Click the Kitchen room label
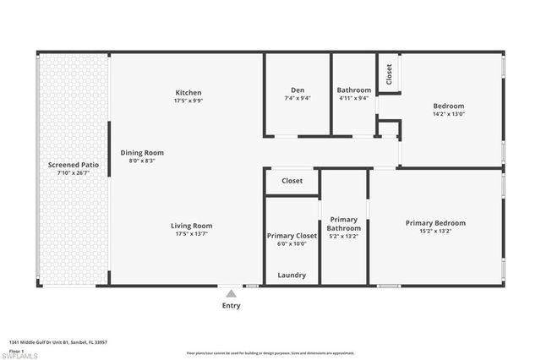pos(189,92)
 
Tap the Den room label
pos(298,90)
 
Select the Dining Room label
pos(142,153)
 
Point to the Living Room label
pos(191,226)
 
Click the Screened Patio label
pos(71,165)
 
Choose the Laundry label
pos(292,275)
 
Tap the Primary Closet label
pos(292,236)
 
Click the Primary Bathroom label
pos(344,224)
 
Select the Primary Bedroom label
pos(435,223)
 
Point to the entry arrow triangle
pos(231,292)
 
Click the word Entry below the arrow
pos(231,306)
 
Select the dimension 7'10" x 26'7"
pos(71,173)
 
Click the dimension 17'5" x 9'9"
pos(189,101)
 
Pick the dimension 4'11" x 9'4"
pos(353,98)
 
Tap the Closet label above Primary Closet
pos(292,181)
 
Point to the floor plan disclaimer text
pos(270,353)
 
